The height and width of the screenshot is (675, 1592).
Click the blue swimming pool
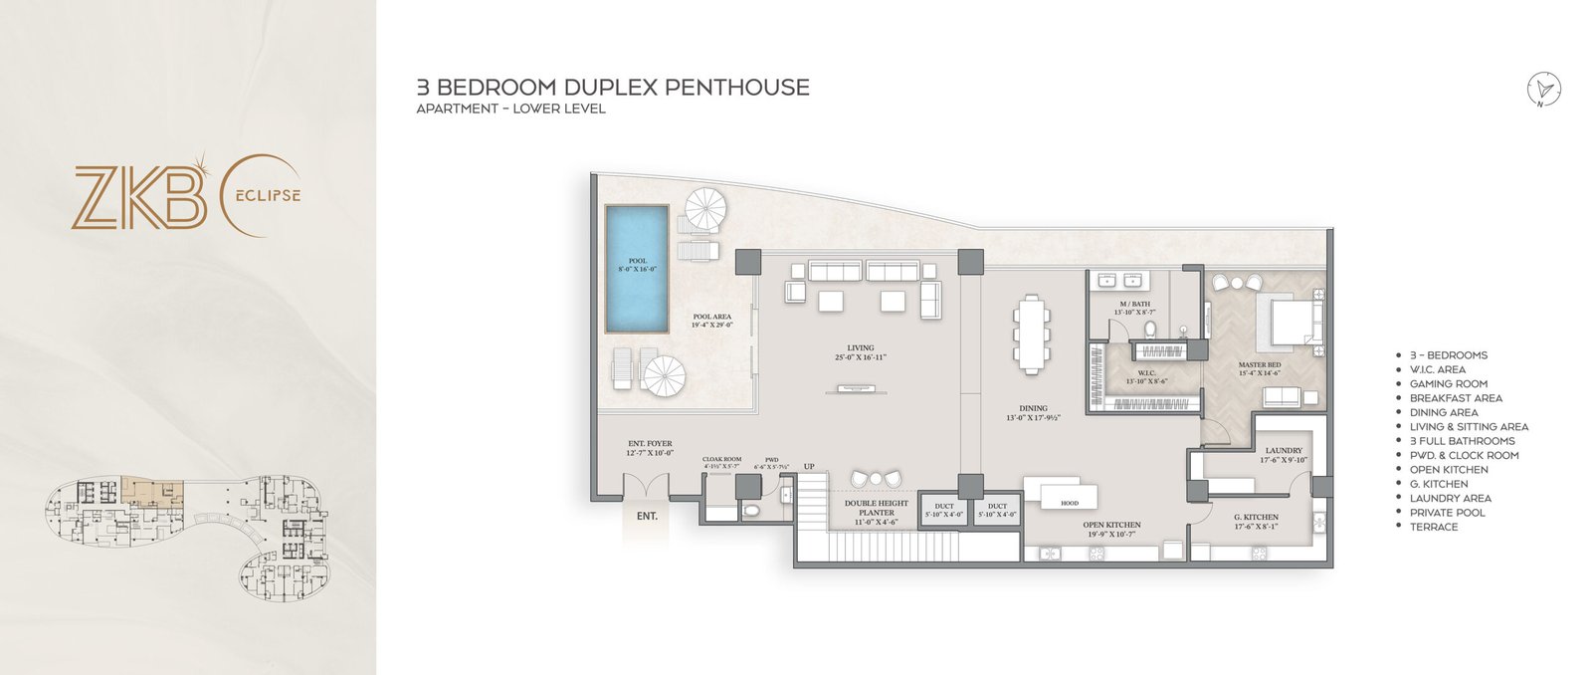pos(637,270)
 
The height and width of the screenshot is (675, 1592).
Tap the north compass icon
pos(1544,89)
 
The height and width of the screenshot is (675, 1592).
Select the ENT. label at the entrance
pos(647,516)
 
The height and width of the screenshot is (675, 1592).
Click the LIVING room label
pos(860,347)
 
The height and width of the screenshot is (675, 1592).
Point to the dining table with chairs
pos(1032,334)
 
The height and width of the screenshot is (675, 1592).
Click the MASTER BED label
pos(1260,364)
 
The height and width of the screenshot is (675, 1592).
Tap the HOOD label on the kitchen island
pos(1070,503)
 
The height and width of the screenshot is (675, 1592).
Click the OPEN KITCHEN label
pos(1111,525)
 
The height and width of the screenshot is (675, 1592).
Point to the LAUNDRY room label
pos(1284,450)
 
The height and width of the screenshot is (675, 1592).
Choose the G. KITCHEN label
pos(1256,517)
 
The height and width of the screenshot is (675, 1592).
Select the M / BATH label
pos(1130,302)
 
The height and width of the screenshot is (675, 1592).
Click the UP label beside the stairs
pos(809,466)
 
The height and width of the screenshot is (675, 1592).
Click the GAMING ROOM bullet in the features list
pos(1448,383)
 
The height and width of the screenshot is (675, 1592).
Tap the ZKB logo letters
pos(139,199)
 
